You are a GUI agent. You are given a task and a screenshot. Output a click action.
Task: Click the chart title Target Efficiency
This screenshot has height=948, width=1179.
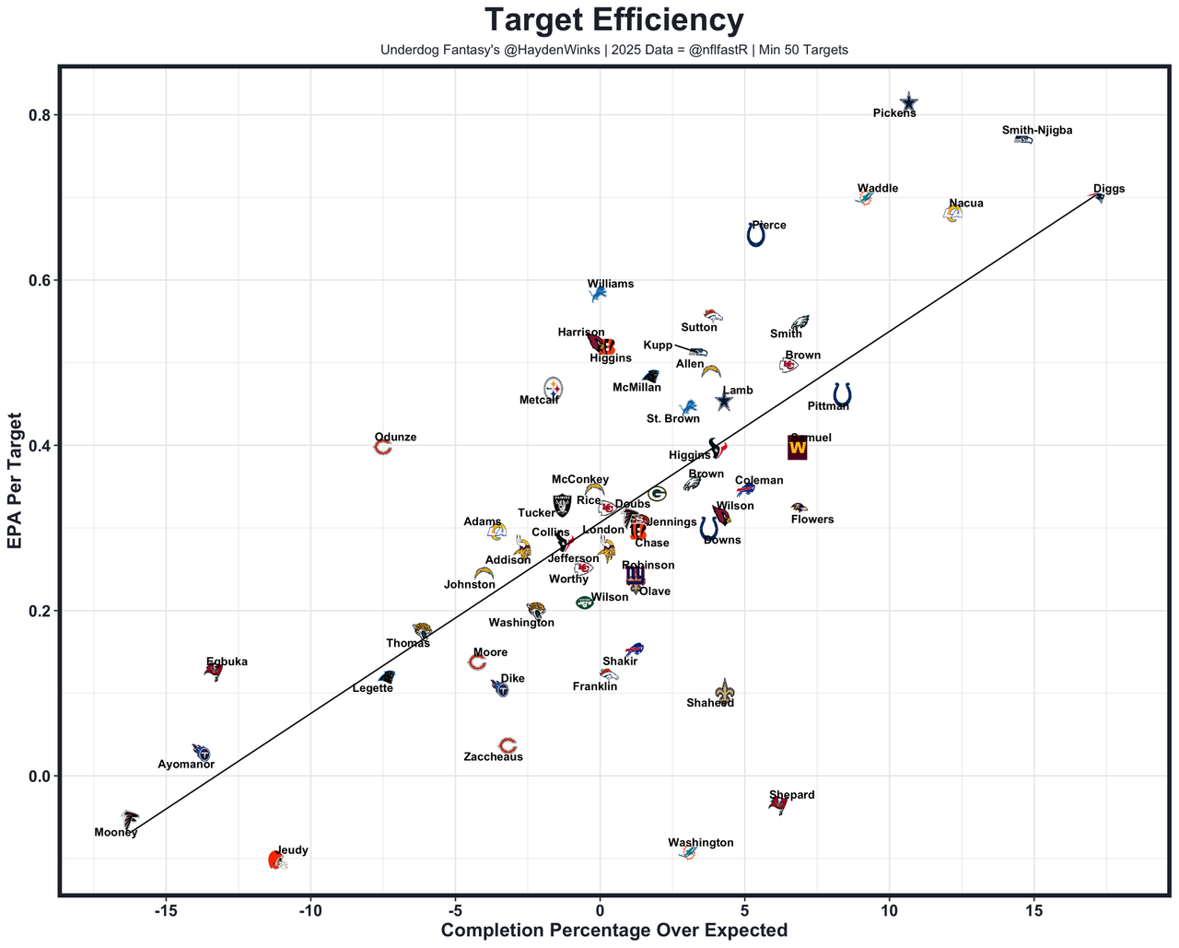[613, 20]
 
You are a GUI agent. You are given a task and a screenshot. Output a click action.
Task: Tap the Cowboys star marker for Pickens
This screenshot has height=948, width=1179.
[908, 101]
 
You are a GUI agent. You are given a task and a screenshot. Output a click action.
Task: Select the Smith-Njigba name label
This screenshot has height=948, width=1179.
[1037, 131]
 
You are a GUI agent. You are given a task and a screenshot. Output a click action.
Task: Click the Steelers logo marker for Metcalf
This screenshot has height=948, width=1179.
[553, 388]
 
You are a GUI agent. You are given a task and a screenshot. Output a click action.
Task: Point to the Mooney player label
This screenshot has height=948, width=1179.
[116, 833]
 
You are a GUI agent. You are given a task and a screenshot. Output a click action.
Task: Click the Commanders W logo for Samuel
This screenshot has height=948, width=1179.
[798, 447]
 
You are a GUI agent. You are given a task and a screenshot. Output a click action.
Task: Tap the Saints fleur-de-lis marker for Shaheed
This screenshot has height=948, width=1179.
[726, 691]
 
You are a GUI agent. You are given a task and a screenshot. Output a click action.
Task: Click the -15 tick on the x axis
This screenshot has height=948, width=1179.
[166, 911]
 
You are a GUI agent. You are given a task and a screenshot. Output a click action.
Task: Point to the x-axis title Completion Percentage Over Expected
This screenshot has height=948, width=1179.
[613, 930]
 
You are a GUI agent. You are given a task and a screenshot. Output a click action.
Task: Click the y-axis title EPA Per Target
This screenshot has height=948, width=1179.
[15, 481]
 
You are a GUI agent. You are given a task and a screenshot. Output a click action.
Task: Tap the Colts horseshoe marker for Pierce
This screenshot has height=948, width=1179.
[755, 236]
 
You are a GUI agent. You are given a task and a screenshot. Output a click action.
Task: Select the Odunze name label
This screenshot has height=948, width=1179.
[395, 438]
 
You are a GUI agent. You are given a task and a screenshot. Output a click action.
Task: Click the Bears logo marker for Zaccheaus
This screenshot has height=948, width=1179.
[507, 745]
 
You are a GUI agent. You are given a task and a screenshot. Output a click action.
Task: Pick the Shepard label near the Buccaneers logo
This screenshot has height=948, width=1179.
[791, 795]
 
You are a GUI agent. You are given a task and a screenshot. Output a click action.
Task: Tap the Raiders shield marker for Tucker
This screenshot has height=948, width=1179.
[562, 505]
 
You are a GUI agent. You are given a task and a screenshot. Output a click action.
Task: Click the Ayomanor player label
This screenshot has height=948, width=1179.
[186, 765]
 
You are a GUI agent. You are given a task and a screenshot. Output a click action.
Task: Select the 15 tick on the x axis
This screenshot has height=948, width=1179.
[1033, 911]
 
